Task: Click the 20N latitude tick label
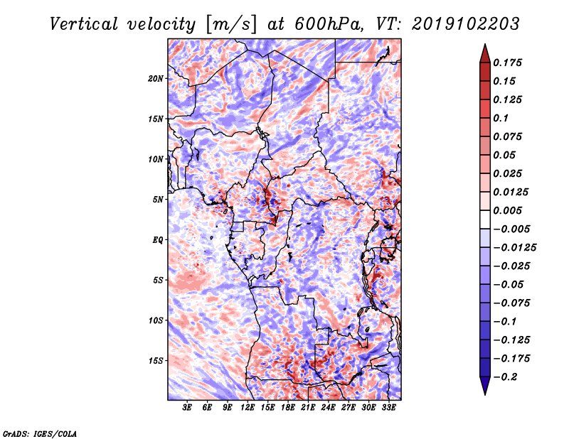pos(156,78)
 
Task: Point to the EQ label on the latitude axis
pos(158,239)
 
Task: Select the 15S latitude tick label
pos(156,360)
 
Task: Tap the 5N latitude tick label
pos(158,199)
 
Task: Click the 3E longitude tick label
pos(188,407)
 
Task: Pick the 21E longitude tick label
pos(308,407)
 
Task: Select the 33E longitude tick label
pos(389,407)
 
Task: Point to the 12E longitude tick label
pos(248,407)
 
